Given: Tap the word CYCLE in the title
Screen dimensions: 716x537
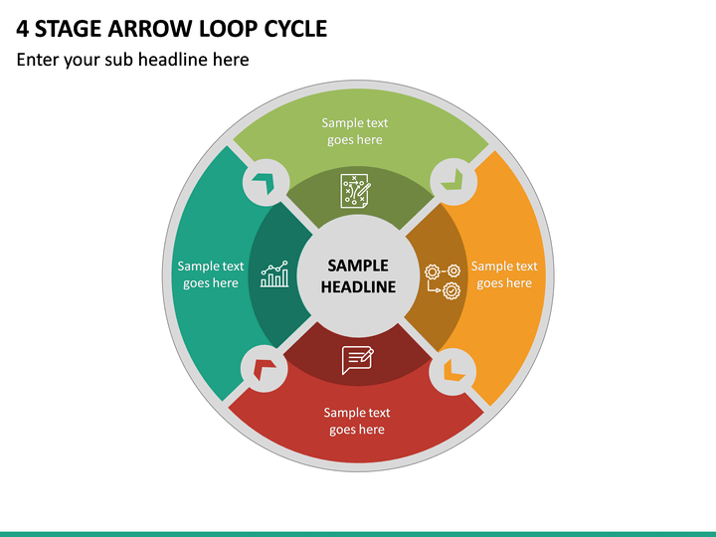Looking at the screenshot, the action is [x=295, y=29].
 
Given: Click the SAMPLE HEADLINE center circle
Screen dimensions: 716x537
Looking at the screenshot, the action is [x=358, y=275].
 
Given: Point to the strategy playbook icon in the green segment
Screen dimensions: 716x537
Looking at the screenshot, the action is [x=356, y=191].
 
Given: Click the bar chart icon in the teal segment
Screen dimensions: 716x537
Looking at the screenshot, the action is [x=274, y=274].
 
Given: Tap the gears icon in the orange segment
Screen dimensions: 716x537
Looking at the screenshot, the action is [x=443, y=281].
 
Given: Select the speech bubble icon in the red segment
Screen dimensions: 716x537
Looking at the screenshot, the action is [x=358, y=360].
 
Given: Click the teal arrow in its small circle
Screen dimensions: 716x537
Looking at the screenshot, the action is [x=264, y=182].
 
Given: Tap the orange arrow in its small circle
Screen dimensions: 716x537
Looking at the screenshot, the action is [x=453, y=370].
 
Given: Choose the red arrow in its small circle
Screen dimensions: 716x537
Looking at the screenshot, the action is [x=265, y=369].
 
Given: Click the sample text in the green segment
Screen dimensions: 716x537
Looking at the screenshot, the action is [x=355, y=131].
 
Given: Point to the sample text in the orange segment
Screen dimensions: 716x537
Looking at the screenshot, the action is [x=504, y=274].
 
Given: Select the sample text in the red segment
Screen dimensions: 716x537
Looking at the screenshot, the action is [x=357, y=421].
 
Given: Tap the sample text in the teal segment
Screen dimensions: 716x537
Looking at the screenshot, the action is [x=211, y=274].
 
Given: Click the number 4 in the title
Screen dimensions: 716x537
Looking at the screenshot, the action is [x=22, y=29].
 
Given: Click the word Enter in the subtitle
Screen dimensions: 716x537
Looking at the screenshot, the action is [x=39, y=60].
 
